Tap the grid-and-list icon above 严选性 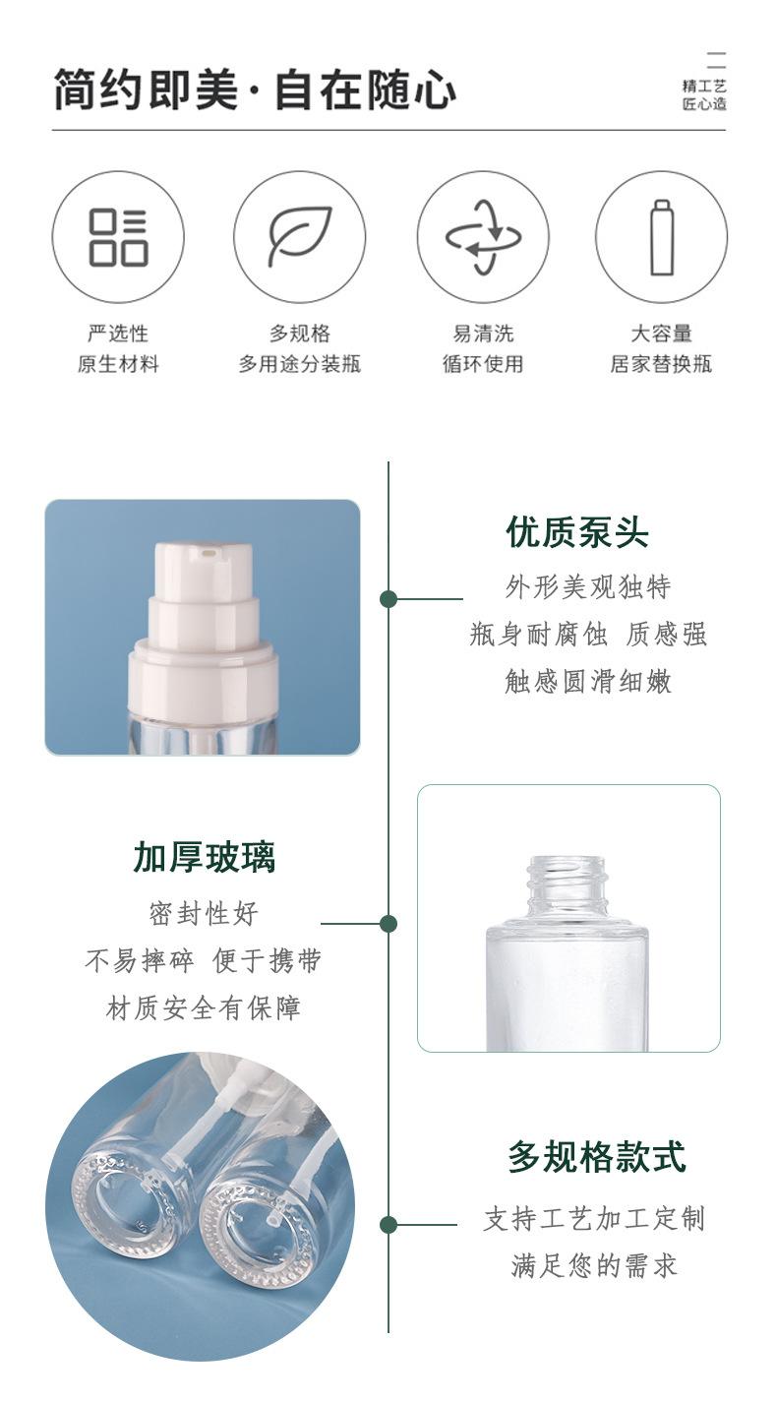(x=118, y=237)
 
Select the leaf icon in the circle (x=300, y=236)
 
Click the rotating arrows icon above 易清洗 (x=483, y=237)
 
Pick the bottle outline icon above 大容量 (x=662, y=237)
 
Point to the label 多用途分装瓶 (x=300, y=364)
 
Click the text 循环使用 (x=483, y=364)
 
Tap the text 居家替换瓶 (x=661, y=364)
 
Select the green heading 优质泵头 (x=576, y=532)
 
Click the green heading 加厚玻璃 (x=205, y=857)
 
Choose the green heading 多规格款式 (x=597, y=1156)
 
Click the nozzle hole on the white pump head (x=207, y=553)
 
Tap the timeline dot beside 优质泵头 (x=388, y=599)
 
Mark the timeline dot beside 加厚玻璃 (x=388, y=923)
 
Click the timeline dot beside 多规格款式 (x=388, y=1225)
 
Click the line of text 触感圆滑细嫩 (x=588, y=681)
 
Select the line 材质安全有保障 (x=204, y=1007)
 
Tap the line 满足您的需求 (x=594, y=1265)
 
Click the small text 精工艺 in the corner (x=704, y=86)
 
